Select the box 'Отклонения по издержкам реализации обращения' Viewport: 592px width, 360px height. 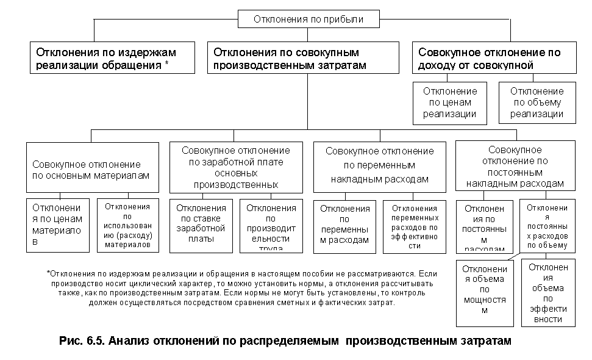112,58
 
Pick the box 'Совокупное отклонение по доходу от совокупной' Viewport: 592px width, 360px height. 494,58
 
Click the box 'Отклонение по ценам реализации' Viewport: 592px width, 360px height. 450,103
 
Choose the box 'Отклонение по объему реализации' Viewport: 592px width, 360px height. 537,103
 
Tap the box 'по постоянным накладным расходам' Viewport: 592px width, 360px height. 515,166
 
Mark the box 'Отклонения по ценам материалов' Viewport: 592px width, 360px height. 57,225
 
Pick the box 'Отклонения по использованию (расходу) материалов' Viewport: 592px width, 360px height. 127,225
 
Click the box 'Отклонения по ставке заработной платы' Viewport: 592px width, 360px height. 201,225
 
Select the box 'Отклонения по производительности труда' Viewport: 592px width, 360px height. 271,225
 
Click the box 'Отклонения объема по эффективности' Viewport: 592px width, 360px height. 548,292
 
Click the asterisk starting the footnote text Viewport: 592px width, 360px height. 48,272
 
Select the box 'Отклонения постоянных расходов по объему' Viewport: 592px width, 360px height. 547,225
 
